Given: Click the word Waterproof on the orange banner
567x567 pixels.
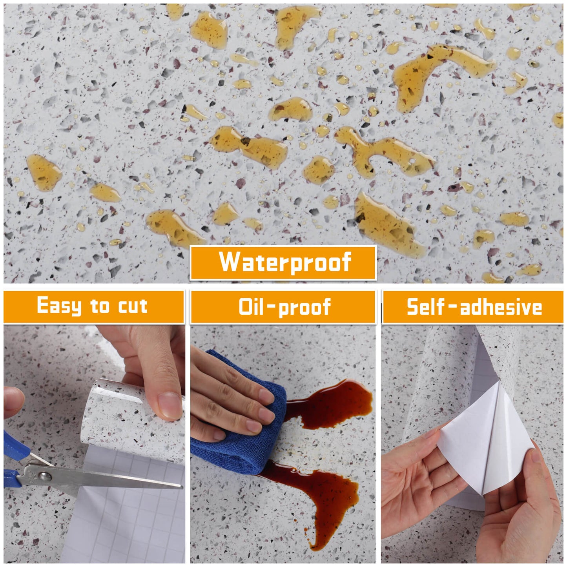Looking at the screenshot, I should pos(284,262).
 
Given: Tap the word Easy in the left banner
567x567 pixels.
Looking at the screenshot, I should pos(59,306).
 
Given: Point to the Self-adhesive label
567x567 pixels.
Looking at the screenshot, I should pos(474,307).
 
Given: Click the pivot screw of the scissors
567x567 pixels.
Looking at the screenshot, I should pos(45,476).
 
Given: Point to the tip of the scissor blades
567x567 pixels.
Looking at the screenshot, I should pos(181,487).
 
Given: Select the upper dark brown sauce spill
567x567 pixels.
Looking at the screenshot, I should pos(334,404).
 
